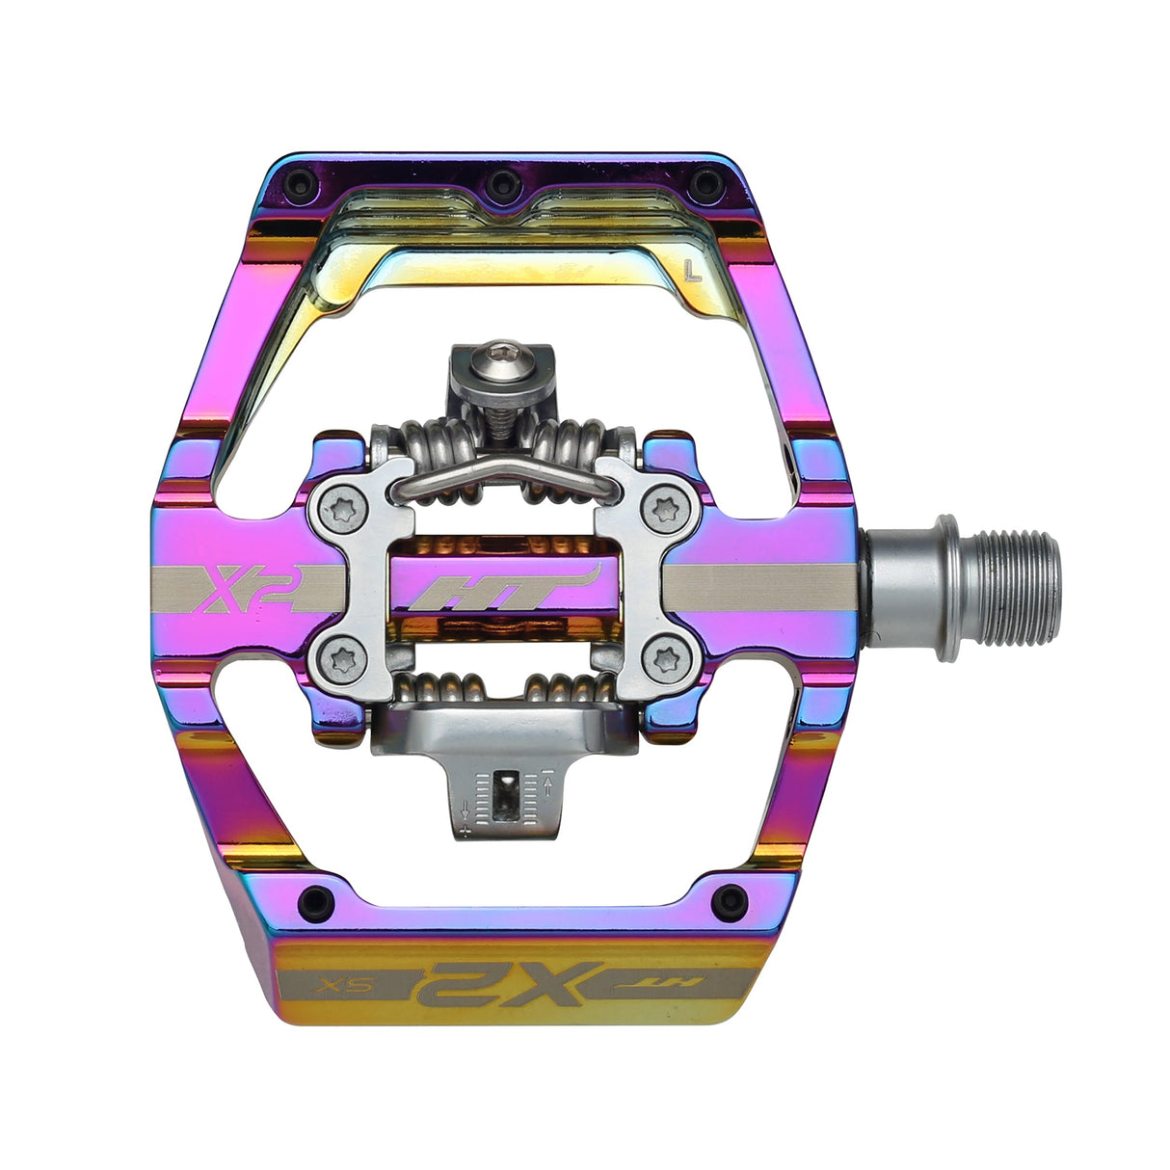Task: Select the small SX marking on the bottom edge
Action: pos(348,986)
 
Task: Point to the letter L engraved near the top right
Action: pos(691,271)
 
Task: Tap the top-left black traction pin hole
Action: pos(304,182)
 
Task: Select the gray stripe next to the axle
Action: pos(761,589)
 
